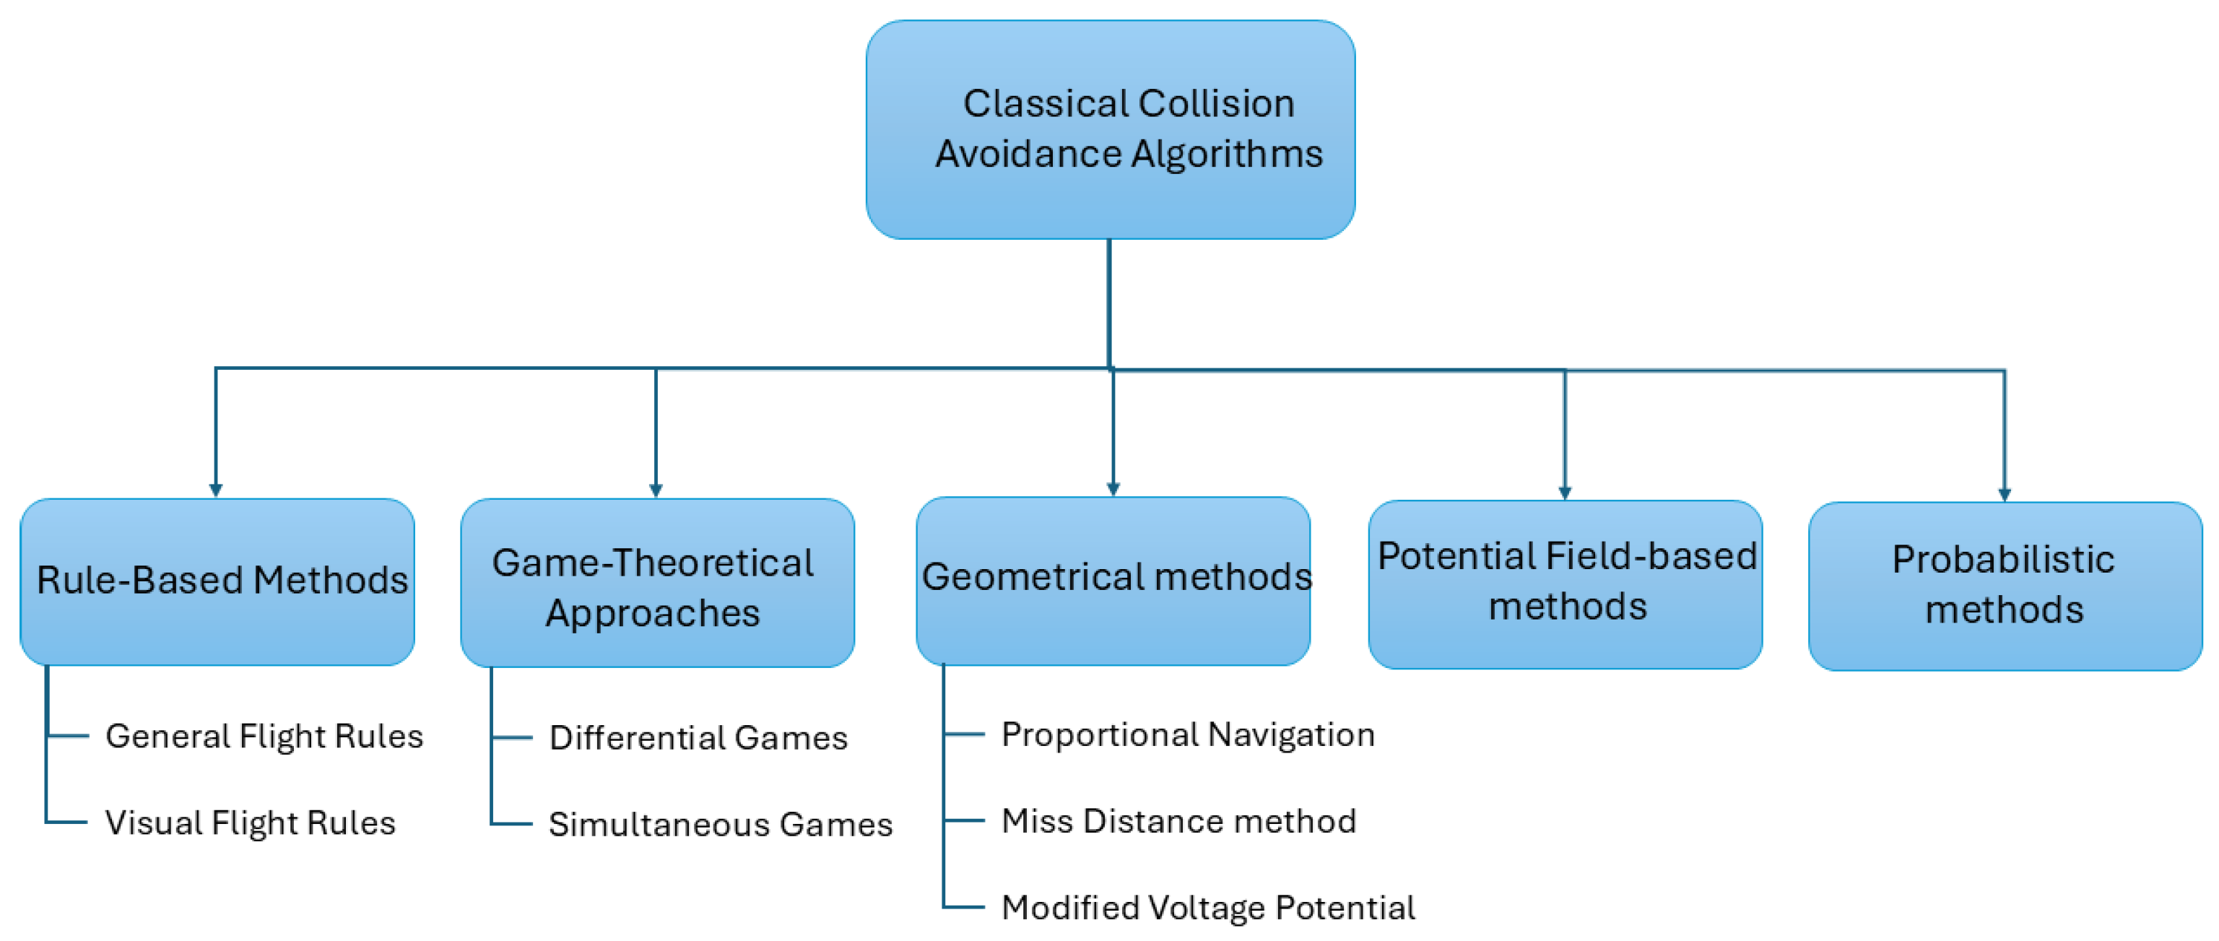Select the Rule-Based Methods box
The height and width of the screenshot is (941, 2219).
(217, 581)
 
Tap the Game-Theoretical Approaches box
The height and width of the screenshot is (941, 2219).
(656, 583)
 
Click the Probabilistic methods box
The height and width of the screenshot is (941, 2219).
(2004, 586)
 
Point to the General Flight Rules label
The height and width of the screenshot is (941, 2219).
(264, 736)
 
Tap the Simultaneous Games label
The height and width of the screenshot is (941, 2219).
(720, 824)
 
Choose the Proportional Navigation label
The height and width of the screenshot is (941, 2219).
(1187, 734)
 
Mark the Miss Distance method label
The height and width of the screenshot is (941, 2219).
(1178, 820)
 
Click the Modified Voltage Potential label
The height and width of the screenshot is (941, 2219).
(1207, 906)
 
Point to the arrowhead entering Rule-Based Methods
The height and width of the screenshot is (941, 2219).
(215, 490)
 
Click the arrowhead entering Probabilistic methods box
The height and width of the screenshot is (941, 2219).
(2005, 495)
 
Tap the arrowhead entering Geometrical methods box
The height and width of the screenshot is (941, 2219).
(1113, 490)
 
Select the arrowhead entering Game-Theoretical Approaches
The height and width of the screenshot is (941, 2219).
(656, 490)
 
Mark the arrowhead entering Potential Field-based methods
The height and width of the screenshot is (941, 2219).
(1566, 493)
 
